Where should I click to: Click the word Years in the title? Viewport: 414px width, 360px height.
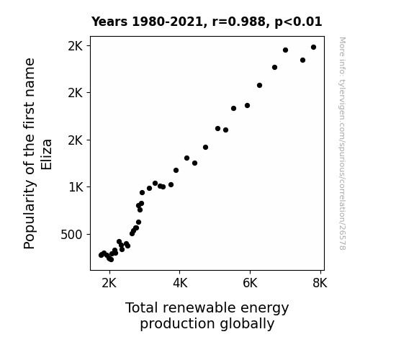109,22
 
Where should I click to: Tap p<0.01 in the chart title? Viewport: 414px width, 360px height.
298,22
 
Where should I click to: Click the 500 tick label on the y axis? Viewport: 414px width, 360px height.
71,235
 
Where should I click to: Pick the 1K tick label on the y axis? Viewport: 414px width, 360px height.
76,187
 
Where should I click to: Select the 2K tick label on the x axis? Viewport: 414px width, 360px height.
109,283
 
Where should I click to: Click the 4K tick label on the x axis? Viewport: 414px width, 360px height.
180,283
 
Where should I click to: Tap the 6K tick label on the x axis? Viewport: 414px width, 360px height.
250,283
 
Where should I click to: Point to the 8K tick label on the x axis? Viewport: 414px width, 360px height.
320,283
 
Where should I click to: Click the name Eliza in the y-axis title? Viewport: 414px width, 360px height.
47,155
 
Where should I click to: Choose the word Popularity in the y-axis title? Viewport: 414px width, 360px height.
30,215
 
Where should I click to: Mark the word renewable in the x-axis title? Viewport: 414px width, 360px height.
199,307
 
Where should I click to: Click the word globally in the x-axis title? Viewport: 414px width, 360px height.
247,324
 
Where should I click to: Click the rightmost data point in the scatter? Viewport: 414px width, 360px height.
313,48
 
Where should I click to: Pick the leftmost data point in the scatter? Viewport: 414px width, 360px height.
101,255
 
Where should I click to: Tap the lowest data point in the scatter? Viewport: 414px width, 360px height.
111,260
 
